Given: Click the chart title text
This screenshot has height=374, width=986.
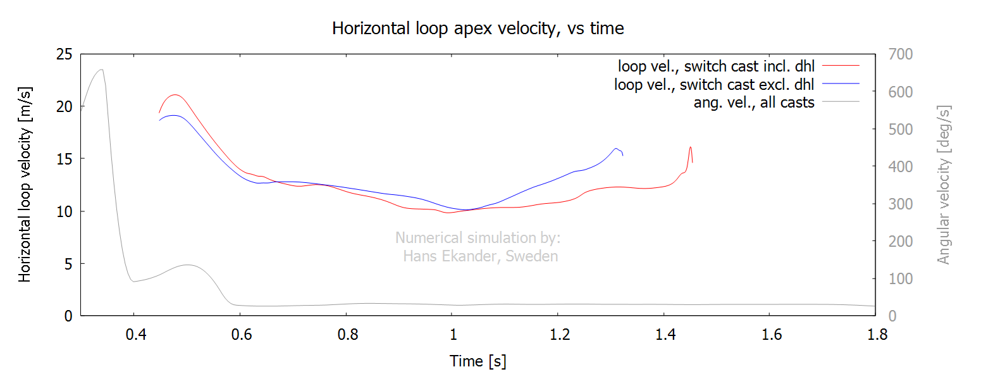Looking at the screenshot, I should pos(478,28).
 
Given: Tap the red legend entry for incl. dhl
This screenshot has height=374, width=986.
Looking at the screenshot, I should pos(717,65).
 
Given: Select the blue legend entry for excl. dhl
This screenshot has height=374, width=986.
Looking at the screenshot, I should pos(714,84).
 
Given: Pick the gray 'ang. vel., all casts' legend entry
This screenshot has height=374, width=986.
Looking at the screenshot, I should pos(754,101).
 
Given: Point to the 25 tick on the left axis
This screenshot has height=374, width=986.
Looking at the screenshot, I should pos(63,54).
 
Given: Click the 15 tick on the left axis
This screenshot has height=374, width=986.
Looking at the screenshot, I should pos(63,159).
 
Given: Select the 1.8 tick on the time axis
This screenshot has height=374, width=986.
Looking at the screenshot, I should pos(875,334).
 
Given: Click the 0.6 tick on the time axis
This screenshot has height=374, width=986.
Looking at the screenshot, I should pos(240,334).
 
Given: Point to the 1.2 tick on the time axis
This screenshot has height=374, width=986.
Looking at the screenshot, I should pos(557,334).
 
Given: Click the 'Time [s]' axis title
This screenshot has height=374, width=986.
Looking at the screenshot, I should pos(478,361).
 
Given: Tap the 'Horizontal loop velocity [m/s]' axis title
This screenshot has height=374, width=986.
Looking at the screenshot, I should pos(25,185).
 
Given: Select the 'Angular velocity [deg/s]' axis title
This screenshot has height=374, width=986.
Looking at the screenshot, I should pos(944,185).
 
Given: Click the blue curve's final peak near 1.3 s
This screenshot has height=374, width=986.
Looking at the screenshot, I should pos(615,149).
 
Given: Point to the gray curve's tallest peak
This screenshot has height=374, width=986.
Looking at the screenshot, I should pos(101,70).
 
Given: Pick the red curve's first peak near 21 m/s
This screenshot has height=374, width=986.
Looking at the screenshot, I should pos(175,95).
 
